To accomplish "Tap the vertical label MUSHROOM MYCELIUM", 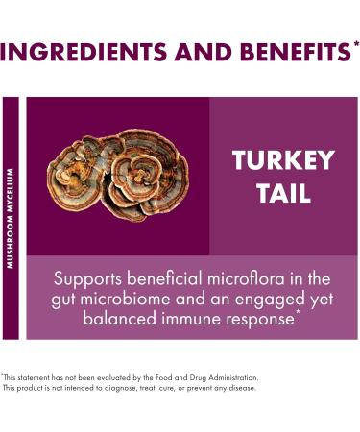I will pos(11,219).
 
